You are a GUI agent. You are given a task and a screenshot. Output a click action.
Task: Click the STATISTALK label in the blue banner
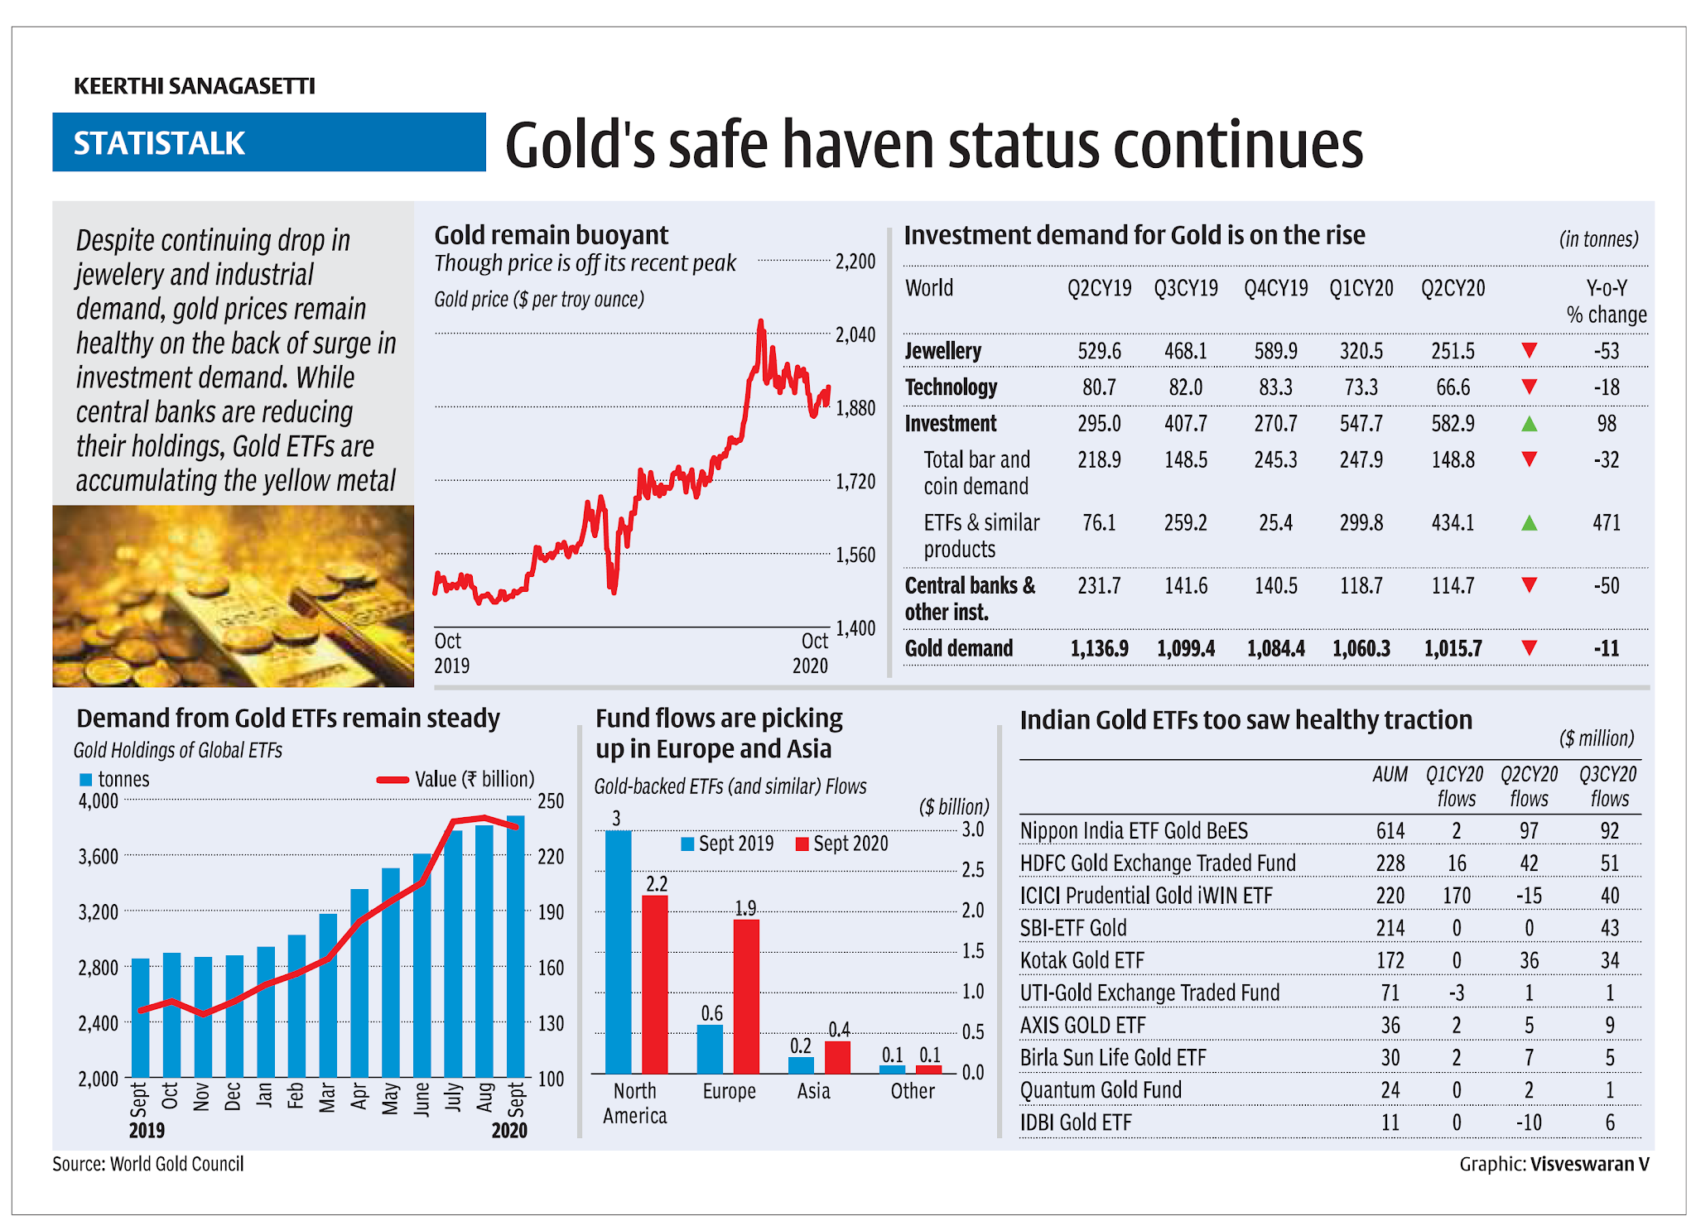(x=159, y=143)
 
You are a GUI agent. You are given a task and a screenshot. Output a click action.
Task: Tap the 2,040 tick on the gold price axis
(x=855, y=335)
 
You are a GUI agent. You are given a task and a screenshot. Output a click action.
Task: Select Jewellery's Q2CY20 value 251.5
(x=1453, y=351)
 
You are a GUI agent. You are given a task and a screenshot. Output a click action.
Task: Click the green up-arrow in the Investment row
(x=1529, y=424)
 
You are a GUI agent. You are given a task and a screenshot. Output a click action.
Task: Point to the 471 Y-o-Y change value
(x=1606, y=523)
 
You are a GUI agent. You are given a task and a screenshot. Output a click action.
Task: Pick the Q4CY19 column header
(x=1275, y=288)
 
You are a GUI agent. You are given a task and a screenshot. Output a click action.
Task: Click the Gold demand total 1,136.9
(x=1099, y=648)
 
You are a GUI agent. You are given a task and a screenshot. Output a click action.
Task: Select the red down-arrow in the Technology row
(x=1529, y=387)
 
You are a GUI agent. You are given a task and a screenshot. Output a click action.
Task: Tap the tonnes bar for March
(x=328, y=993)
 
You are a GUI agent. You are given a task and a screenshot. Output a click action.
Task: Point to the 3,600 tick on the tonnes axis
(x=99, y=857)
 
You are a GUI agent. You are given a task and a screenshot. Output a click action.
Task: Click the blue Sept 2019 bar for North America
(x=618, y=952)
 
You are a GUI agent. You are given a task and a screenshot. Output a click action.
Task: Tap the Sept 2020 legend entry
(x=842, y=844)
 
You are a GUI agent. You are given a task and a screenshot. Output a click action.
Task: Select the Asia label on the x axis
(x=813, y=1091)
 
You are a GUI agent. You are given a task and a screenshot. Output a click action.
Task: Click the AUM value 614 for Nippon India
(x=1390, y=830)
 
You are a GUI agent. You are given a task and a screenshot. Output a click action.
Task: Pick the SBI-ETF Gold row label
(x=1073, y=928)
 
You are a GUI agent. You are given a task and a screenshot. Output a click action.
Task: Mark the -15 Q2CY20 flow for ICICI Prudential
(x=1528, y=896)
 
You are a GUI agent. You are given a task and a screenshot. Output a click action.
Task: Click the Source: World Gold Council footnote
(x=148, y=1164)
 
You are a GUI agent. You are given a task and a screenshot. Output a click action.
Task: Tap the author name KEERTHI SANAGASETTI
(x=195, y=86)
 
